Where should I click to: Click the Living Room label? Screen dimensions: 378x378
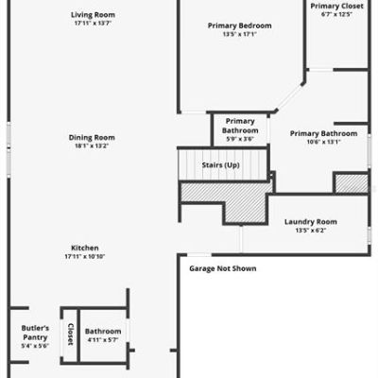tap(93, 15)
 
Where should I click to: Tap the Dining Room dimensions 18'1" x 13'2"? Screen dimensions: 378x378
tap(92, 146)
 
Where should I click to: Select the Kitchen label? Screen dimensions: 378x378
tap(85, 248)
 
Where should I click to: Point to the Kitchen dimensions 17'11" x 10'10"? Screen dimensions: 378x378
tap(85, 256)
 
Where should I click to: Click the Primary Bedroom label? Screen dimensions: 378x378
tap(240, 26)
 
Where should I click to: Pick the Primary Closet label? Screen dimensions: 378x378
tap(336, 6)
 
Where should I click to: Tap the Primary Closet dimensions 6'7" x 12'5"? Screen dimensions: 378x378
tap(336, 14)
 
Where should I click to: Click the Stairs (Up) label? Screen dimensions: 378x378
tap(220, 165)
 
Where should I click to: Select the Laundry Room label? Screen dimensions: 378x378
tap(311, 222)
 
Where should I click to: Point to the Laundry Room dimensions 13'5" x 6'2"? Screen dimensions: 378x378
tap(311, 231)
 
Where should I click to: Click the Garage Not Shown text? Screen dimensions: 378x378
tap(223, 268)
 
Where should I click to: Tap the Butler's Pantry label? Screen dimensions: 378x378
tap(35, 333)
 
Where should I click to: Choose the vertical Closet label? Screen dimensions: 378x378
tap(71, 335)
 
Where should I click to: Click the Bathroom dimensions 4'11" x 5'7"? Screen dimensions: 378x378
tap(103, 340)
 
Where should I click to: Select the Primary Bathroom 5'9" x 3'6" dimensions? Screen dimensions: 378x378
tap(240, 139)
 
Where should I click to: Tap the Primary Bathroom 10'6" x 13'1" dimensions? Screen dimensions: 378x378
tap(324, 142)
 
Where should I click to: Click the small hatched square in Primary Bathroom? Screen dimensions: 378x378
tap(352, 183)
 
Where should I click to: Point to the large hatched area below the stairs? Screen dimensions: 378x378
tap(246, 201)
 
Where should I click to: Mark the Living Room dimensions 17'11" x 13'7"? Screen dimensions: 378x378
tap(93, 23)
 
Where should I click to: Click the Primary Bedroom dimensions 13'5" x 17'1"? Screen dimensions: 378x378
tap(240, 34)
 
